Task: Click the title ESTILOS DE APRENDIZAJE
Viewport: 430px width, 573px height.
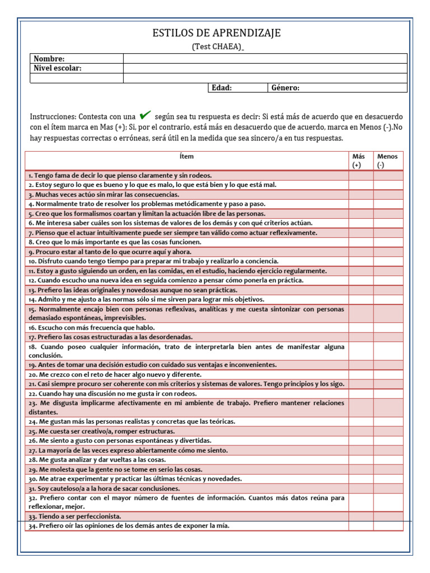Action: pyautogui.click(x=216, y=34)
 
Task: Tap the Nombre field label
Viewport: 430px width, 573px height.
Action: pyautogui.click(x=49, y=59)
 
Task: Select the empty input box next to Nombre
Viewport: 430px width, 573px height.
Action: pyautogui.click(x=265, y=59)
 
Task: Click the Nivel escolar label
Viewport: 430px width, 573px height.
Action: pyautogui.click(x=58, y=68)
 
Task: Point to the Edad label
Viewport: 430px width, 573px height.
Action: pyautogui.click(x=222, y=88)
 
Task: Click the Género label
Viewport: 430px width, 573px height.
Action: pyautogui.click(x=286, y=88)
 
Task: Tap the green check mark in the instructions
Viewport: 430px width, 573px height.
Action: pyautogui.click(x=145, y=116)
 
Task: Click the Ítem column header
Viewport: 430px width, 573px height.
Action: pyautogui.click(x=187, y=157)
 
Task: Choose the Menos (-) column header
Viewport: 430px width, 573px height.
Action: pyautogui.click(x=388, y=161)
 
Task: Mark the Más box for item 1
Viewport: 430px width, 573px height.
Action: pyautogui.click(x=361, y=176)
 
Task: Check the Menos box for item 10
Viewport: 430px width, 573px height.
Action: pyautogui.click(x=388, y=261)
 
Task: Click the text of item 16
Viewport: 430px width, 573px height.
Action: pyautogui.click(x=92, y=327)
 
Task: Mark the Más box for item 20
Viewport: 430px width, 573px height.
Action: pyautogui.click(x=361, y=374)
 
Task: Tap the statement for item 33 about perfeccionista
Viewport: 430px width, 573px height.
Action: pyautogui.click(x=75, y=516)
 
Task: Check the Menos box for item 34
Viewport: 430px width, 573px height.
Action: pyautogui.click(x=388, y=526)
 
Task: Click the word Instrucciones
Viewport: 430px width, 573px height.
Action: pyautogui.click(x=53, y=117)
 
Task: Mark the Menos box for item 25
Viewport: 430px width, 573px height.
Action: pyautogui.click(x=388, y=431)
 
